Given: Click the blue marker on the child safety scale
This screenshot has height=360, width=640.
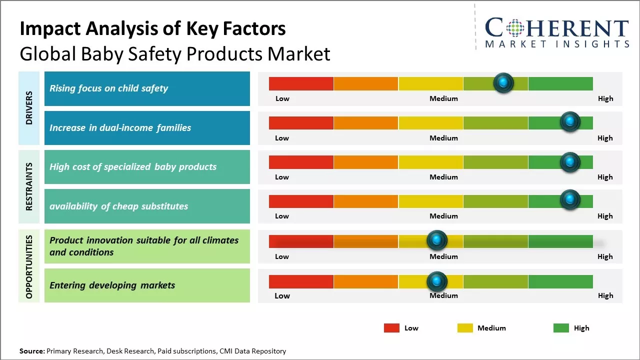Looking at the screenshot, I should (503, 82).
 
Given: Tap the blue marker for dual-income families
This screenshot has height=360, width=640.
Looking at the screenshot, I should (570, 122).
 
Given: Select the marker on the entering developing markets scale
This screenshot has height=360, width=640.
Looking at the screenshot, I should (437, 281).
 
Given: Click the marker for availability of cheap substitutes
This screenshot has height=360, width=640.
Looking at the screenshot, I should (570, 200).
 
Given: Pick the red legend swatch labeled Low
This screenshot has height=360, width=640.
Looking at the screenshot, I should (391, 328).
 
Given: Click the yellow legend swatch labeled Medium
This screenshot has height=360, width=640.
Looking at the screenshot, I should (465, 328).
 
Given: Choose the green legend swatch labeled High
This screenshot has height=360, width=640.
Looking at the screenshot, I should (561, 328).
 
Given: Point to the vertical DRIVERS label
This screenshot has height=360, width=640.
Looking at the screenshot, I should (29, 107).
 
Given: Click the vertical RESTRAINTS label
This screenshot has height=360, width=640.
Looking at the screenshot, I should (29, 186).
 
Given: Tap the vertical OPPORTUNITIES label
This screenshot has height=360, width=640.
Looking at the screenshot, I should (29, 267).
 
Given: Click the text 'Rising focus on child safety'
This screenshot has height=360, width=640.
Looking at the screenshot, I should (108, 88).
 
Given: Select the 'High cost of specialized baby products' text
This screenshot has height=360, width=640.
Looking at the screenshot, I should (133, 167).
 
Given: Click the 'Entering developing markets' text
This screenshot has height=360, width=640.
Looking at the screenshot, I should (112, 285).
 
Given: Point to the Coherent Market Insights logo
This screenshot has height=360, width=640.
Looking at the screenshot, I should (556, 33).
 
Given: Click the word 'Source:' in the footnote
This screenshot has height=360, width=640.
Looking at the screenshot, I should (32, 351).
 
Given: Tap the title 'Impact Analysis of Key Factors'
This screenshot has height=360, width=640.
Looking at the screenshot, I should (152, 29).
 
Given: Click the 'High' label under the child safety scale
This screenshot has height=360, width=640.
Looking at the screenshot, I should (605, 98).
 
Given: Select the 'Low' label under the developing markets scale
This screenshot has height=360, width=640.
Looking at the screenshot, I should (282, 295).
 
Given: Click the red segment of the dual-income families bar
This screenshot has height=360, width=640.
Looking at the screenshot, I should (301, 122).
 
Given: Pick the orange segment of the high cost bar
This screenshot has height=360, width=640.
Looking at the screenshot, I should (365, 161).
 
